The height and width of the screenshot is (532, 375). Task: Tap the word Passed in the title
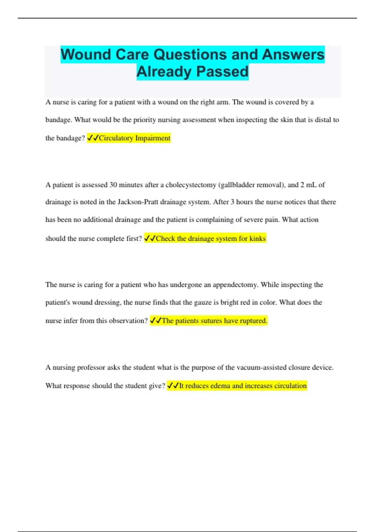(x=222, y=72)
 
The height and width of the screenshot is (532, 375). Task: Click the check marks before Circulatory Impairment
(x=93, y=138)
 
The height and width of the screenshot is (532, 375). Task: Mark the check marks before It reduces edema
(x=173, y=386)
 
